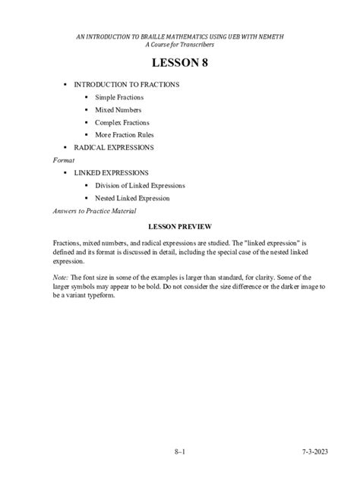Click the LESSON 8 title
[x=180, y=63]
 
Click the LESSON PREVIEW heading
[x=179, y=226]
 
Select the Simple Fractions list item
[x=119, y=98]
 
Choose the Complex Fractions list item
[x=122, y=122]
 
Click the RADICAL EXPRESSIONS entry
[x=114, y=146]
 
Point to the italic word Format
[x=64, y=161]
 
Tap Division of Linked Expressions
[x=140, y=185]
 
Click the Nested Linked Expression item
[x=132, y=198]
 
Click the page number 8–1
[x=179, y=452]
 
